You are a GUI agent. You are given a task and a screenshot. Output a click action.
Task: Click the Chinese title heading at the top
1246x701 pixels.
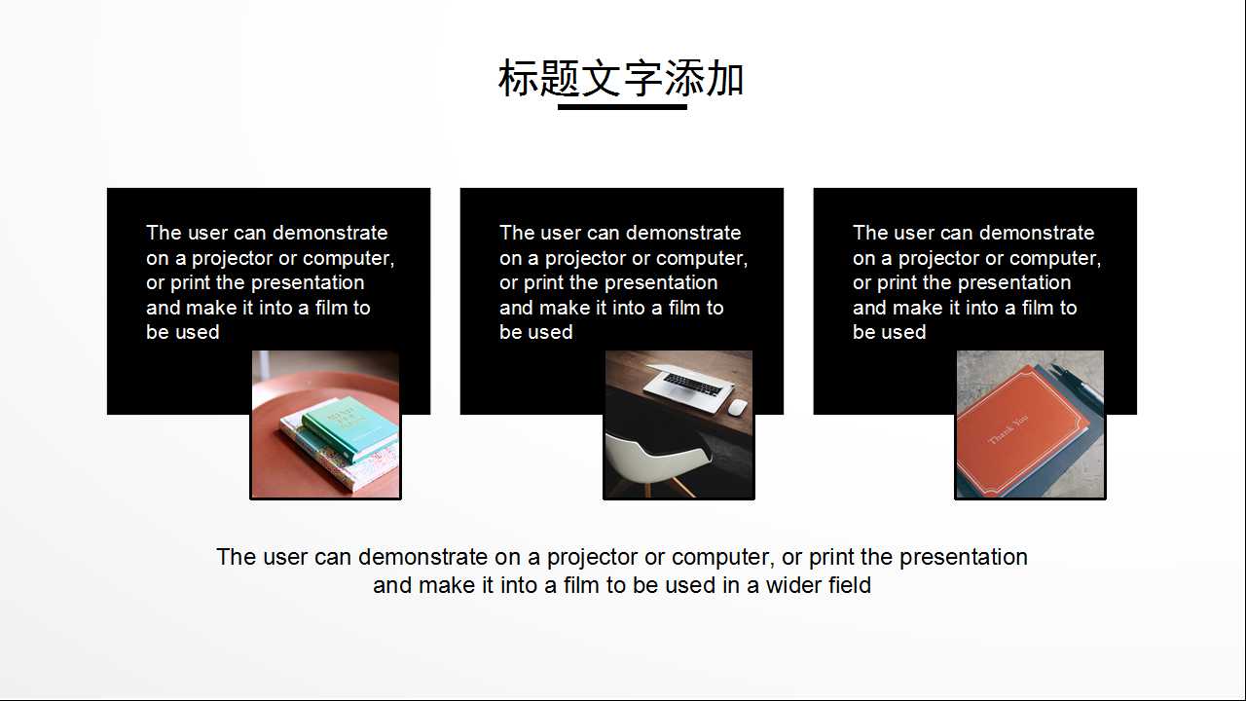click(621, 79)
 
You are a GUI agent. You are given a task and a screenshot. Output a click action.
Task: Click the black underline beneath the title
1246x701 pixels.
click(622, 107)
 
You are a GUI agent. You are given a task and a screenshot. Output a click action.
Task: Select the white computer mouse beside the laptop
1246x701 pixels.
click(737, 406)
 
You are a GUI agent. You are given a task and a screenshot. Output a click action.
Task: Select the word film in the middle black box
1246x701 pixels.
click(685, 308)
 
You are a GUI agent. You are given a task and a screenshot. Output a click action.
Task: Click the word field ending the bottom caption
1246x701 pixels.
click(850, 585)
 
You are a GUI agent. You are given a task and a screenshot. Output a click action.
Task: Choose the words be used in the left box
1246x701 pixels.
click(182, 332)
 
